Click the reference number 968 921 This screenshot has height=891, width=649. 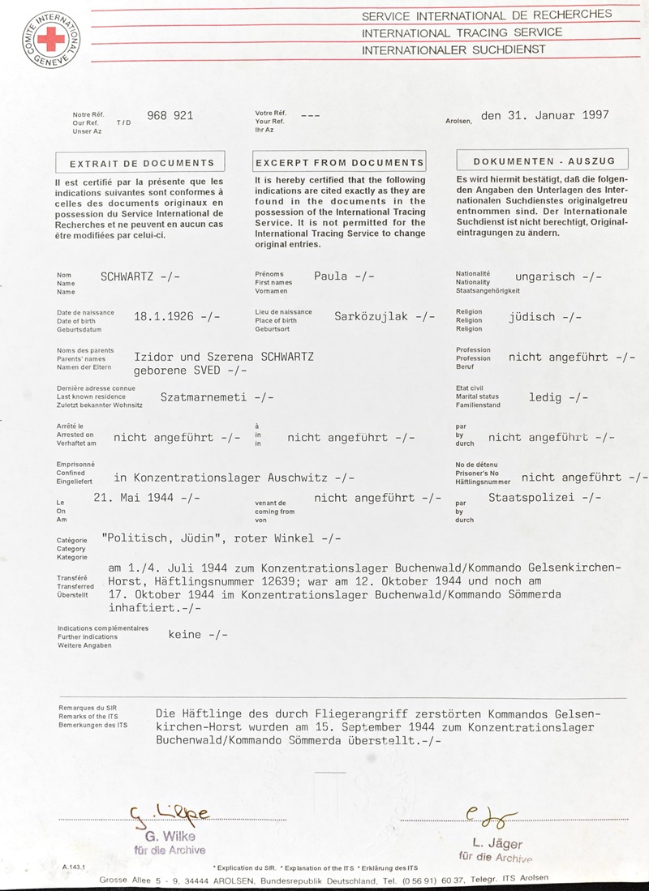(x=170, y=116)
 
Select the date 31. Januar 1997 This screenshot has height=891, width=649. (x=544, y=115)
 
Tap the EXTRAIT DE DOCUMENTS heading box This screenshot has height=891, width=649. (x=142, y=163)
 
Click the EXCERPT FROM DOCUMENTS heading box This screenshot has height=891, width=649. (x=339, y=163)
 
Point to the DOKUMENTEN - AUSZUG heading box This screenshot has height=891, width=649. (x=544, y=161)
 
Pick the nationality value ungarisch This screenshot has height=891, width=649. (x=544, y=276)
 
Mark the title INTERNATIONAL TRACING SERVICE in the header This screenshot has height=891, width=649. (x=462, y=32)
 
